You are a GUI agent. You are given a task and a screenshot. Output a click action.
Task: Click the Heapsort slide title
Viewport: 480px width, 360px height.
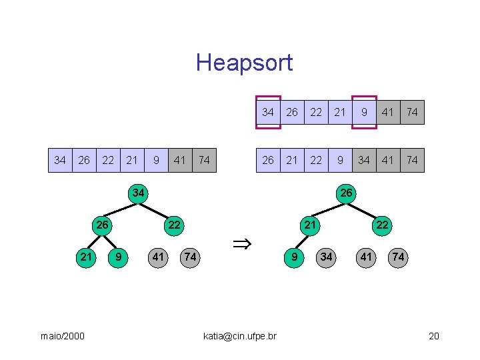(x=244, y=63)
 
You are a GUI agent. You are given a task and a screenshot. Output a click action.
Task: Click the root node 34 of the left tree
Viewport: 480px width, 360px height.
(x=138, y=193)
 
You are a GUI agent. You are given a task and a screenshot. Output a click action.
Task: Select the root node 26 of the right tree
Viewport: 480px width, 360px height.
(x=346, y=193)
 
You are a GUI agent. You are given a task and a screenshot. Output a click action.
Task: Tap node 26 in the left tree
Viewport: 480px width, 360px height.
(x=102, y=225)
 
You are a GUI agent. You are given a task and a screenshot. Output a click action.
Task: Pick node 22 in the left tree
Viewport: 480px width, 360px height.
(x=174, y=225)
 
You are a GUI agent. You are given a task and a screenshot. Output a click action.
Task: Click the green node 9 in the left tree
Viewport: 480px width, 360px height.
(x=118, y=257)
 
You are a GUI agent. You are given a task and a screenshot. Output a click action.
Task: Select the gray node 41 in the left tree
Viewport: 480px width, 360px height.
(x=158, y=257)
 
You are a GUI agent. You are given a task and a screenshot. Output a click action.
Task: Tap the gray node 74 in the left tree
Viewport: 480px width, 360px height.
(x=190, y=257)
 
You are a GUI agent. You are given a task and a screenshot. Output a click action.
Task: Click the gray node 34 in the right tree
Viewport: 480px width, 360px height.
(x=326, y=257)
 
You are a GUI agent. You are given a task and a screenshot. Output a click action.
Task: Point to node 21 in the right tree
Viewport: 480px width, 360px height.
(x=310, y=225)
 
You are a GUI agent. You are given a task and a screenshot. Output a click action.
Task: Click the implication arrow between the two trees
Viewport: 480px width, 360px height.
(x=241, y=245)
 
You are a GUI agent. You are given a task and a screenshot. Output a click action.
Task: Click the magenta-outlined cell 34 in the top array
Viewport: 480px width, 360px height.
(x=268, y=112)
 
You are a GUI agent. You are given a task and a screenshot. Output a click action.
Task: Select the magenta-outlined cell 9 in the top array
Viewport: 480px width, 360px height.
(x=364, y=112)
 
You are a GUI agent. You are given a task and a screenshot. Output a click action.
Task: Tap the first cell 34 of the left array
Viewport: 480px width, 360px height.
(x=60, y=160)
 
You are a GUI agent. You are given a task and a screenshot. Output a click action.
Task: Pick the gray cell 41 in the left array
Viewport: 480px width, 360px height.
(x=180, y=160)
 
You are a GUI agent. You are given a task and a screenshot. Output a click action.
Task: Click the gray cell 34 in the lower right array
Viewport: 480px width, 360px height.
(x=364, y=160)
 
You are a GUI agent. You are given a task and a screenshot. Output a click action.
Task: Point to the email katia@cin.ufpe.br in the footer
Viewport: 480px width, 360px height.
(x=239, y=336)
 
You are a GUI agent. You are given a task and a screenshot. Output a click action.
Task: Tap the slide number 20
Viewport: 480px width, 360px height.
(x=433, y=336)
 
